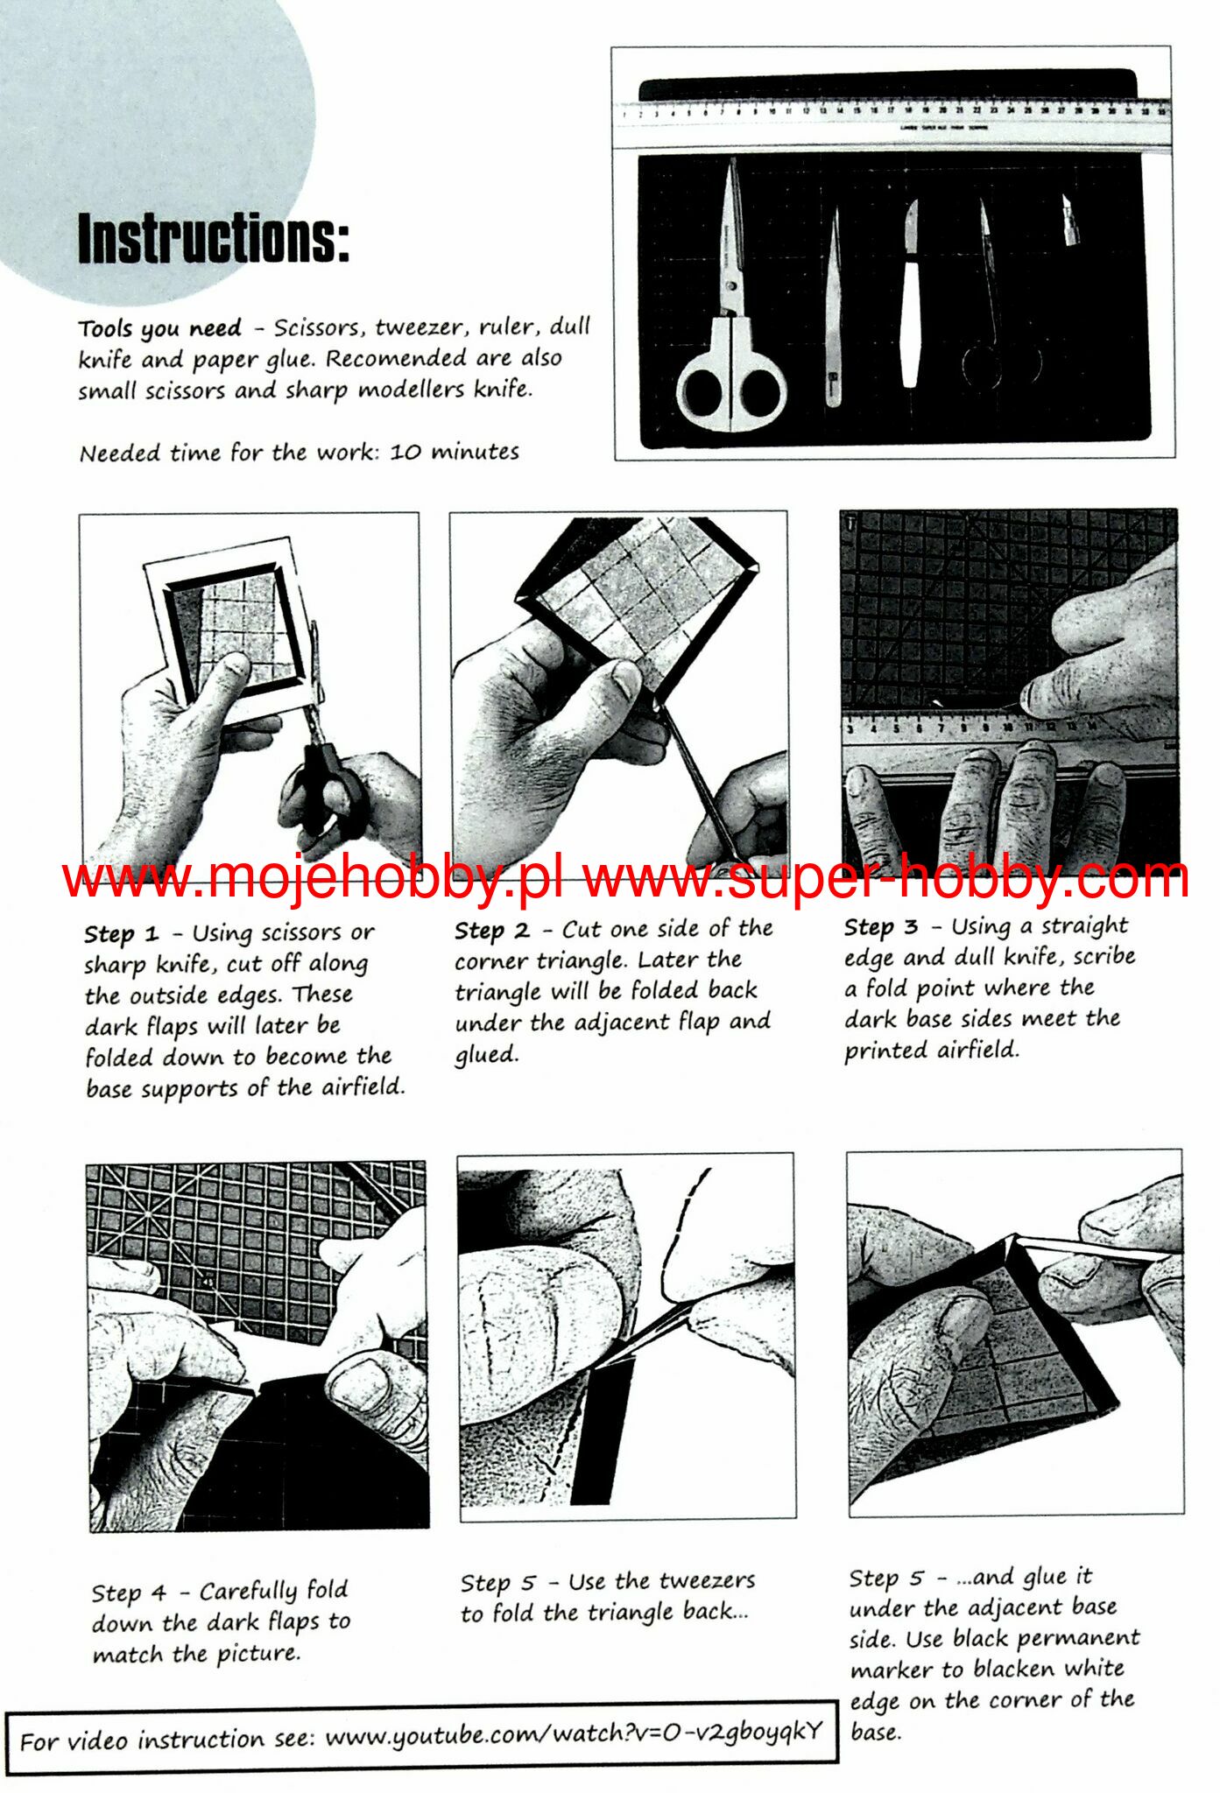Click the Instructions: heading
214,238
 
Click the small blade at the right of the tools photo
1070,220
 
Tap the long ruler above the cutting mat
893,123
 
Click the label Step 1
121,934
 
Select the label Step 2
491,931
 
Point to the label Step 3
881,927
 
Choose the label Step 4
129,1593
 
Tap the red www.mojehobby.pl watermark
312,876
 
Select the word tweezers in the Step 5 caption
707,1581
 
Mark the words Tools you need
159,329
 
